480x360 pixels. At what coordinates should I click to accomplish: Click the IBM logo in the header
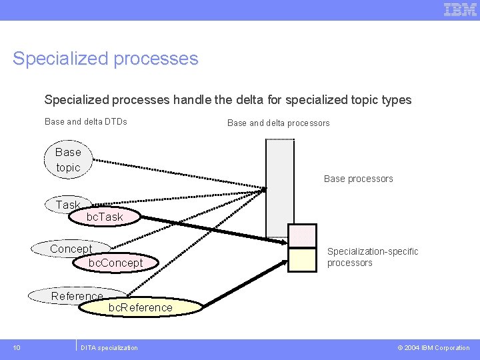(460, 9)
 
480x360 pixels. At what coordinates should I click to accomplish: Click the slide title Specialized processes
(105, 59)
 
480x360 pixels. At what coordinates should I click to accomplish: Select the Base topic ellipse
(68, 160)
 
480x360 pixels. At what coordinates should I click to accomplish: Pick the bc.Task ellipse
(105, 217)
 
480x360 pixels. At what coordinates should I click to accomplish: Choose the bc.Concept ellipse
(116, 263)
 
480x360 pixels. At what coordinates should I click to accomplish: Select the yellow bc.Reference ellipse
(140, 307)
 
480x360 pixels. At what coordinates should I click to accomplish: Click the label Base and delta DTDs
(85, 121)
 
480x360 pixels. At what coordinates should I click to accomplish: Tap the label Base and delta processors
(278, 123)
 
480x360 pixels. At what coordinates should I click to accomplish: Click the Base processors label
(358, 179)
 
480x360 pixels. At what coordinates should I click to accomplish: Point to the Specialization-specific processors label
(372, 257)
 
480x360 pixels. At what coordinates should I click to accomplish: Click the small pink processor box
(302, 235)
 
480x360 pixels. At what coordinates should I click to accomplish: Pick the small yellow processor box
(302, 259)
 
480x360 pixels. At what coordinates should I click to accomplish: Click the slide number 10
(17, 347)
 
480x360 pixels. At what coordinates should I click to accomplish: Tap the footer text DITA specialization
(109, 347)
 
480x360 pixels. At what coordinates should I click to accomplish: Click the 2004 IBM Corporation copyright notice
(433, 347)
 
